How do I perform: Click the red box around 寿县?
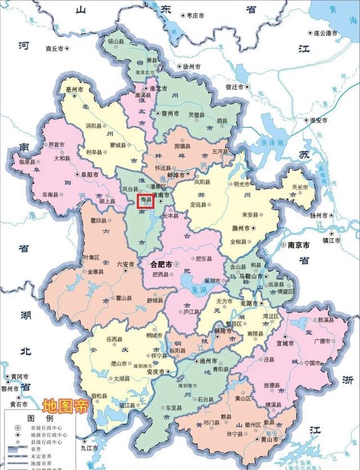point(146,200)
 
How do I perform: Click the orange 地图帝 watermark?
point(65,406)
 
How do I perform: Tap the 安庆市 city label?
point(152,373)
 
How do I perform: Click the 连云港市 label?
point(325,34)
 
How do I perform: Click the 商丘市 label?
point(56,48)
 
